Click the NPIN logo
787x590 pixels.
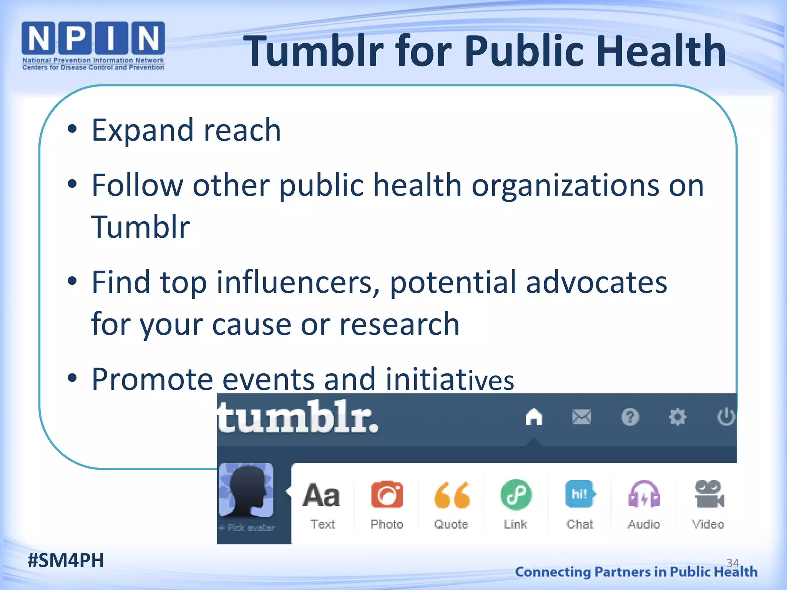93,45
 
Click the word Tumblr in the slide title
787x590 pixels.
313,51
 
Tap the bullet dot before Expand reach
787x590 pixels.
72,129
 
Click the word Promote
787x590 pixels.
152,380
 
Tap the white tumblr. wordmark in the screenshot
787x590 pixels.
298,417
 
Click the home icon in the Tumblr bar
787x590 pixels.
534,417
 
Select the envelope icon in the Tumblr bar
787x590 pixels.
582,417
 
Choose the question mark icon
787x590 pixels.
630,417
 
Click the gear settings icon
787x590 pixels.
677,417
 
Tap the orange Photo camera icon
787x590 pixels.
387,495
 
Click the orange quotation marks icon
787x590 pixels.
452,495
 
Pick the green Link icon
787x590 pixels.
516,495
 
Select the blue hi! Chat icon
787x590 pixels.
579,494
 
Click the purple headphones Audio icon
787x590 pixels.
644,495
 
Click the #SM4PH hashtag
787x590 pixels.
66,560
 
